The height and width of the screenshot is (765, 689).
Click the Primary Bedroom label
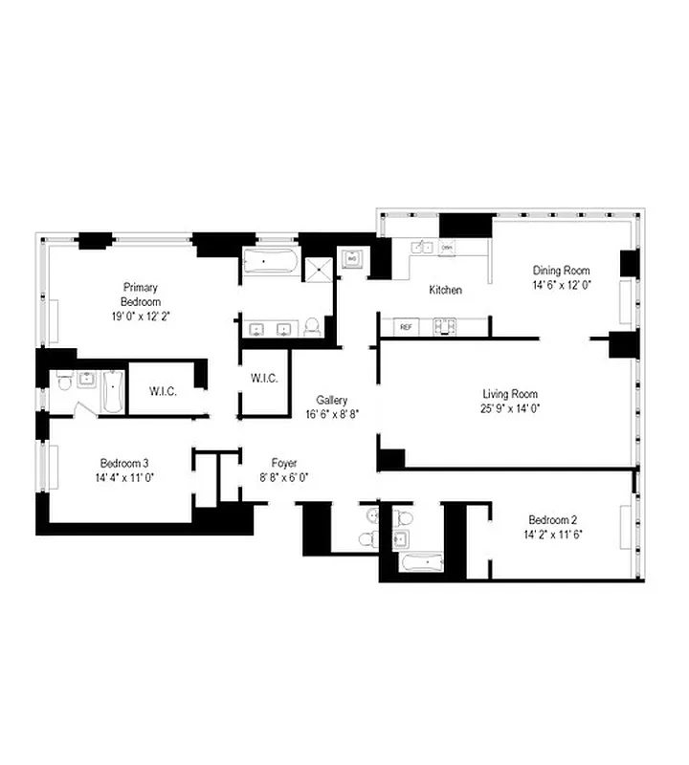coord(140,294)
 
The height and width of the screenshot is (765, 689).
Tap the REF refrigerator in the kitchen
coord(406,328)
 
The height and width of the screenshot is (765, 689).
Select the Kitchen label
coord(445,290)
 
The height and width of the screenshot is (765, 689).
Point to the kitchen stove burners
coord(444,328)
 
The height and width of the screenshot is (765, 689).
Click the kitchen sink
coord(422,248)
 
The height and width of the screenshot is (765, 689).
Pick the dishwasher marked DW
coord(447,248)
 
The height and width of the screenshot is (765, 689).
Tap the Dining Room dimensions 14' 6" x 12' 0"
coord(562,285)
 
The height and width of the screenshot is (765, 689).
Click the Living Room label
coord(509,394)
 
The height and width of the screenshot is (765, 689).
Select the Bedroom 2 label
coord(555,520)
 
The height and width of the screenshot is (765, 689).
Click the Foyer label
coord(283,462)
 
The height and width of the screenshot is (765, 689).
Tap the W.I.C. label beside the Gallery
coord(264,379)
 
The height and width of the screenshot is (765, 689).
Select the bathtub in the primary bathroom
coord(270,261)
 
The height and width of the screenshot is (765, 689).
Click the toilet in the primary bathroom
coord(312,328)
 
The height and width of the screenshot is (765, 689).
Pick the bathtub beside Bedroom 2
coord(417,561)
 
